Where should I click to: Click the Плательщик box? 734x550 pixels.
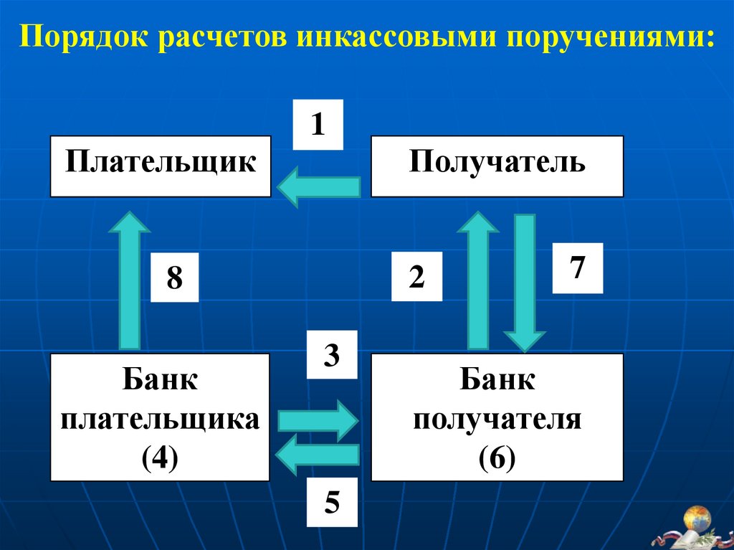pos(161,166)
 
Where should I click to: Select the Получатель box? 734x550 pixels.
pos(497,166)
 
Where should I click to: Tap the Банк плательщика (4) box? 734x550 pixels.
pos(160,417)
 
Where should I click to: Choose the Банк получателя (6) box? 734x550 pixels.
pos(497,417)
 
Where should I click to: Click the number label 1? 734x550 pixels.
pos(318,125)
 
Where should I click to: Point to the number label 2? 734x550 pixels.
pos(416,276)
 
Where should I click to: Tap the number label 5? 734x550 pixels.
pos(332,503)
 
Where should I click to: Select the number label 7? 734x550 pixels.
pos(578,268)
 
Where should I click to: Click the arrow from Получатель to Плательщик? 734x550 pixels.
pos(319,188)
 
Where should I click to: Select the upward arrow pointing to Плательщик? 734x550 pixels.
pos(129,280)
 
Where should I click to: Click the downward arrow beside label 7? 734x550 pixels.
pos(525,283)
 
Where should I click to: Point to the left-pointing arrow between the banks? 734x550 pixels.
pos(317,455)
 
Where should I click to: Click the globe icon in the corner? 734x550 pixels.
pos(697,517)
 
